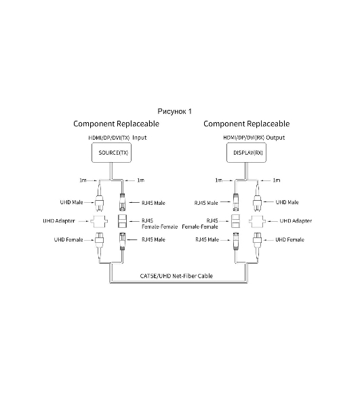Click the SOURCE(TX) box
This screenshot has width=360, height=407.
pyautogui.click(x=112, y=153)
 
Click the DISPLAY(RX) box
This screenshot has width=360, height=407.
pyautogui.click(x=246, y=153)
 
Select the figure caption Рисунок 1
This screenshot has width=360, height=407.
pyautogui.click(x=174, y=112)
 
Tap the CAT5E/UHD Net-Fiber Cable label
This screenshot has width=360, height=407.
pyautogui.click(x=176, y=275)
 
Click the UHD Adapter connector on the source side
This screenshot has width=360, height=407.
pyautogui.click(x=99, y=221)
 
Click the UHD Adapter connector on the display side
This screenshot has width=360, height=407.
pyautogui.click(x=258, y=221)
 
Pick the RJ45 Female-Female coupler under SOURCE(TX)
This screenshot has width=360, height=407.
pyautogui.click(x=123, y=221)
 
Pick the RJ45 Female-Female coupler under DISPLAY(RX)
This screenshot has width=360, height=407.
pyautogui.click(x=235, y=221)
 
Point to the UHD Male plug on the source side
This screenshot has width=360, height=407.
pyautogui.click(x=99, y=202)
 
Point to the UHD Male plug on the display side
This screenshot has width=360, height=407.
pyautogui.click(x=258, y=202)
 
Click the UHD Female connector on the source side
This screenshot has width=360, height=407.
pyautogui.click(x=99, y=240)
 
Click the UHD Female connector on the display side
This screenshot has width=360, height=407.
pyautogui.click(x=258, y=240)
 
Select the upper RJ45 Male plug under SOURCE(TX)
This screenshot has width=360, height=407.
pyautogui.click(x=123, y=202)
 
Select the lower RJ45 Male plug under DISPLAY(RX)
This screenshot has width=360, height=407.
pyautogui.click(x=236, y=241)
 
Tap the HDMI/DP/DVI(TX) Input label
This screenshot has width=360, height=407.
pyautogui.click(x=117, y=138)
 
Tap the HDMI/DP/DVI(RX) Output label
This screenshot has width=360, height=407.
pyautogui.click(x=254, y=138)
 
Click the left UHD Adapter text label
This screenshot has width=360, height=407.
pyautogui.click(x=59, y=221)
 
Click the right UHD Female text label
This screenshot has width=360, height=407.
pyautogui.click(x=289, y=239)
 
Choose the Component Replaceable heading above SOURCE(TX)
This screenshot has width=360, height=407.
pyautogui.click(x=116, y=124)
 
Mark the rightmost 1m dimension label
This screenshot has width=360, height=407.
pyautogui.click(x=277, y=180)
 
